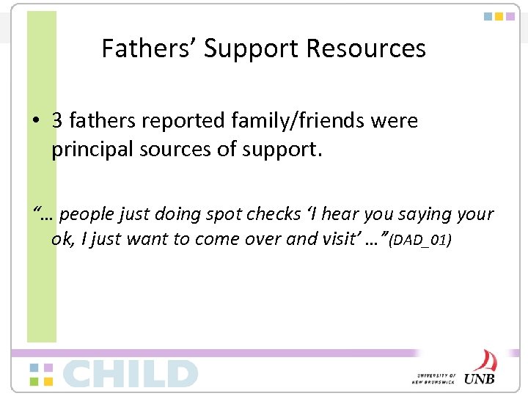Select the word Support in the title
coord(252,48)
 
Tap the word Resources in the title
coord(366,48)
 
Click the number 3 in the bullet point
coord(56,120)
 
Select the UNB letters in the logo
coord(479,378)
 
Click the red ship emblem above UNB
coord(484,360)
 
